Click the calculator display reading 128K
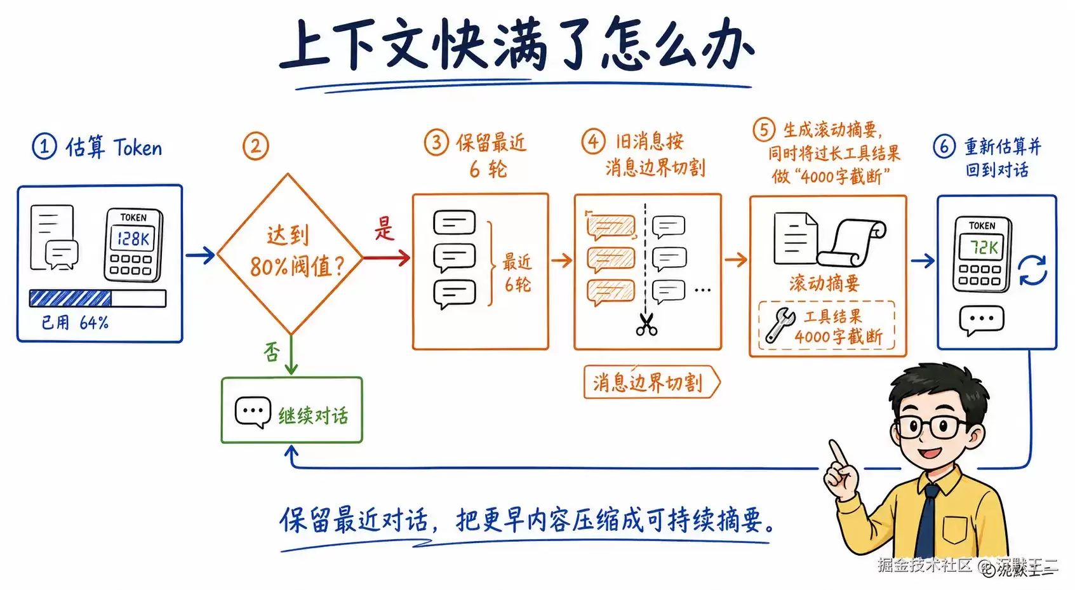[133, 238]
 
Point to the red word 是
[384, 228]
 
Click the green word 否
[272, 352]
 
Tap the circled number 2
[255, 147]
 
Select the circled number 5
[764, 130]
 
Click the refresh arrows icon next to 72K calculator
[1032, 271]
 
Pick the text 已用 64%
[75, 323]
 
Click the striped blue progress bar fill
[70, 298]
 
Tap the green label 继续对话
[313, 415]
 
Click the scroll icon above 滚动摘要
[852, 243]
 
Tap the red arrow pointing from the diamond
[387, 258]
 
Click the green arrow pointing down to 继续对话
[291, 354]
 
